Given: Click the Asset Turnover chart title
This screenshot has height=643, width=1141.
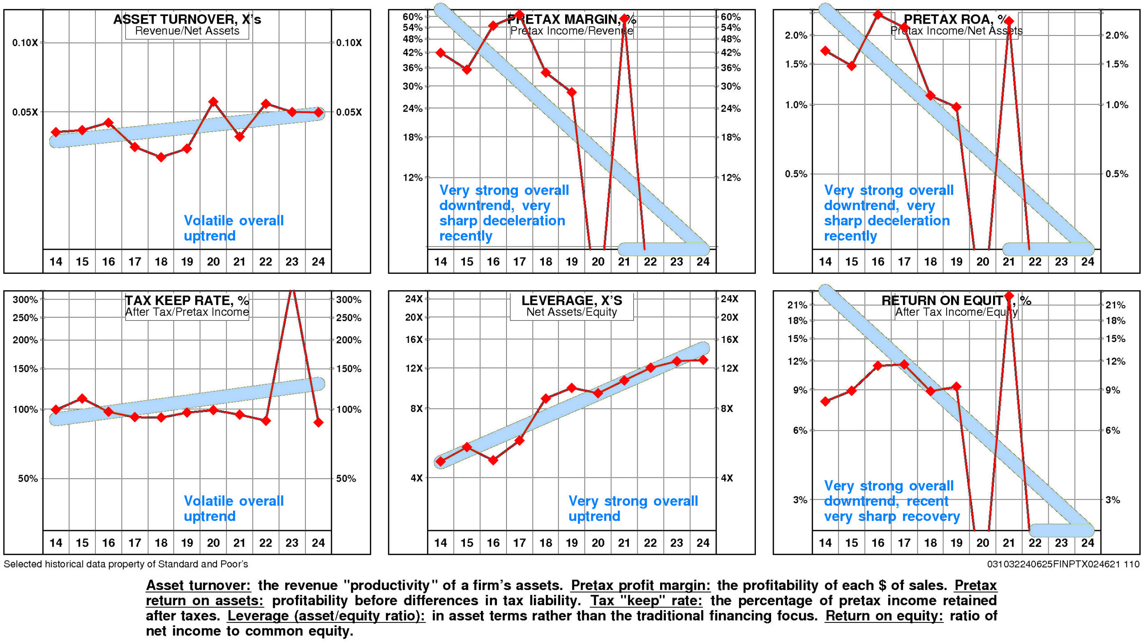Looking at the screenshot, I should tap(187, 19).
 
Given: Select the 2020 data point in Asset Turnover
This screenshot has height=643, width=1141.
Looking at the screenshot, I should tap(213, 102).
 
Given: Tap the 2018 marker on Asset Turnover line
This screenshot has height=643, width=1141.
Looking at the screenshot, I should tap(161, 157).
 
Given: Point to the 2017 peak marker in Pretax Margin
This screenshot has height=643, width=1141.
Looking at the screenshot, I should tap(519, 15).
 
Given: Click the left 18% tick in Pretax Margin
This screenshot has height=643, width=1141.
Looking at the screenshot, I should tap(413, 137).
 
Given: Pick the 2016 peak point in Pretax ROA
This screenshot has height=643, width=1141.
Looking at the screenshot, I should tap(878, 15).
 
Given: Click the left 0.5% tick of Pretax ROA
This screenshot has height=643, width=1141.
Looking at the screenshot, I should tap(796, 174).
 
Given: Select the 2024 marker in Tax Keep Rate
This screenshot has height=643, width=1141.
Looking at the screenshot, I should tap(318, 422).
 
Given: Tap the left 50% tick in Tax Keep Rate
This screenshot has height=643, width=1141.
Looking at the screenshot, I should tap(28, 478).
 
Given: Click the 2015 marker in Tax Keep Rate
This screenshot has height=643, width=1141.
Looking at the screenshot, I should tap(82, 398).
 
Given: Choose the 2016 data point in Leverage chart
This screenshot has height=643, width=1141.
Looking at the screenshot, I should tap(493, 460).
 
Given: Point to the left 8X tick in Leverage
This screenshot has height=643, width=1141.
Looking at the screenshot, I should tap(416, 408).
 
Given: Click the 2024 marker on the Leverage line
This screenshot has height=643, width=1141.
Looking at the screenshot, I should tap(703, 360).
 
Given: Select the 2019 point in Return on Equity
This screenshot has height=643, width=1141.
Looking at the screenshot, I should tap(956, 387).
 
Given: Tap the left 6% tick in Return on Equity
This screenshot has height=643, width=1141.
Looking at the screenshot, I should tap(800, 430).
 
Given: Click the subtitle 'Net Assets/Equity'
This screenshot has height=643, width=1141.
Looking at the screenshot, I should tap(571, 312).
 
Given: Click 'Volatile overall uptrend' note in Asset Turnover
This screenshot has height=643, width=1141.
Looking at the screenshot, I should tap(234, 228).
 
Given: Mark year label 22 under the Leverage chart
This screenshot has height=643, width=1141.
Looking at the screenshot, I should tap(650, 543).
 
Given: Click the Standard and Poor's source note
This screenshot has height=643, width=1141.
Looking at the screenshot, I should tap(126, 564).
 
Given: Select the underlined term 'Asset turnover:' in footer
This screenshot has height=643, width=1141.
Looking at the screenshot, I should tap(198, 585).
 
